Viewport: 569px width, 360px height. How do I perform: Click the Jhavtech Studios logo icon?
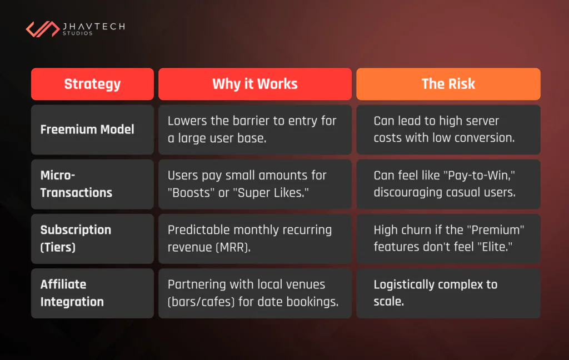pos(41,28)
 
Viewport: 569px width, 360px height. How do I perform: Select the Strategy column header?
pos(92,84)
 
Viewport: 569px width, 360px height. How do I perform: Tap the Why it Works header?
pos(254,84)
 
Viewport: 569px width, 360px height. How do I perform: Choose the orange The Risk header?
pos(448,84)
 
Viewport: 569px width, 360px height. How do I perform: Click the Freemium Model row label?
pos(87,129)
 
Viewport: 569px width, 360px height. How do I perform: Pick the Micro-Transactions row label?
pos(76,184)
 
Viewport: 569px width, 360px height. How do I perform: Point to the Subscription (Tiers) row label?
pos(76,238)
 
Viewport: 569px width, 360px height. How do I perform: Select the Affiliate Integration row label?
pos(72,293)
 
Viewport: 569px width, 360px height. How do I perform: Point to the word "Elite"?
pos(494,247)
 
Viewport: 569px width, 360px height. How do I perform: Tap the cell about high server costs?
pos(448,129)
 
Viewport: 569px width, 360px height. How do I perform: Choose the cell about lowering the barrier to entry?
pos(254,129)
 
